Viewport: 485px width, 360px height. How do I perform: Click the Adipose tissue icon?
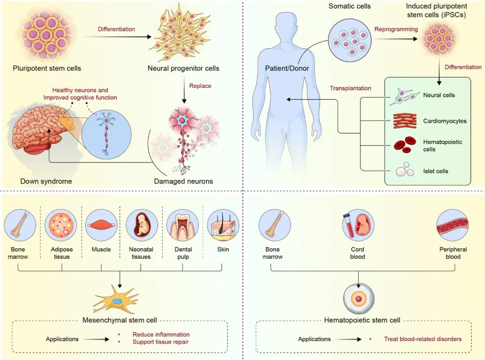point(62,224)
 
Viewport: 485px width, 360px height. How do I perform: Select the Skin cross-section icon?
point(222,224)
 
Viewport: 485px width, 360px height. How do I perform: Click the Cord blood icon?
point(358,224)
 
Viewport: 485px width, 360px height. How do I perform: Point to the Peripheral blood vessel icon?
point(453,224)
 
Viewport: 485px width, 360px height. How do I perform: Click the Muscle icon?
point(101,224)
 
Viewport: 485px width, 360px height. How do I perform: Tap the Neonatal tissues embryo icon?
point(141,224)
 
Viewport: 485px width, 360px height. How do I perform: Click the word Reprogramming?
point(396,30)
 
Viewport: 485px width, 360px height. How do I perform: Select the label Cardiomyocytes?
point(445,121)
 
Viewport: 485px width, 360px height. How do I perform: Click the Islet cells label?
point(436,171)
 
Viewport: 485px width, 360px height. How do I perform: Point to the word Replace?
point(200,86)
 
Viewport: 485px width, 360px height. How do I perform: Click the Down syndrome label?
point(46,181)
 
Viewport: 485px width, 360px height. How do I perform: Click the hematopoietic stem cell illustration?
point(358,299)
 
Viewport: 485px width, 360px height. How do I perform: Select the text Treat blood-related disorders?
point(423,339)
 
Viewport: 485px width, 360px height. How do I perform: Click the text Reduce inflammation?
point(161,334)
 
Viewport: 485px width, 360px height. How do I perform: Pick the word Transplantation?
point(350,88)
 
